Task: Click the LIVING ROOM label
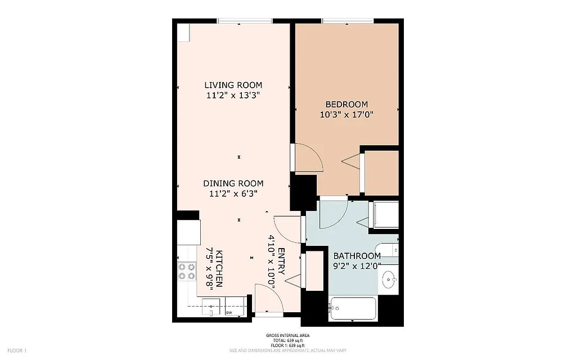click(x=233, y=85)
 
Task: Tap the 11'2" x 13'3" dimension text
click(x=233, y=96)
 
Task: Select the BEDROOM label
click(x=346, y=104)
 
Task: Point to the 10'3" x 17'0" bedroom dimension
click(x=346, y=115)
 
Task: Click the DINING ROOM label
click(x=233, y=183)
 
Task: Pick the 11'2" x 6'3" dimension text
click(x=233, y=194)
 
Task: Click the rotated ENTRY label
click(x=281, y=262)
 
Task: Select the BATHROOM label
click(x=357, y=256)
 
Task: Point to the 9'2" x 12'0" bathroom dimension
click(x=357, y=266)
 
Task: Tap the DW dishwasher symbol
click(x=229, y=313)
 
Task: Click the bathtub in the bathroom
click(x=354, y=309)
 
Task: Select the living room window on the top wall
click(x=246, y=21)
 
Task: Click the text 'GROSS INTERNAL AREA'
click(x=287, y=335)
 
